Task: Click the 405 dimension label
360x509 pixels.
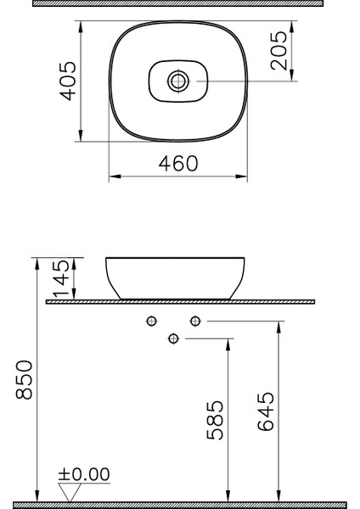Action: coord(70,80)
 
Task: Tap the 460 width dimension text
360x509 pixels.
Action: coord(179,163)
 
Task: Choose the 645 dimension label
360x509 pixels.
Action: coord(267,412)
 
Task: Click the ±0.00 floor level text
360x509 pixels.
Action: coord(84,475)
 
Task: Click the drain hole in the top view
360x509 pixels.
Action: coord(178,81)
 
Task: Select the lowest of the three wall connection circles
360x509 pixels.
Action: coord(174,338)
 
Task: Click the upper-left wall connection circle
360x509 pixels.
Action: coord(153,321)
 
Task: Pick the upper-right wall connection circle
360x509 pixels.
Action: coord(195,321)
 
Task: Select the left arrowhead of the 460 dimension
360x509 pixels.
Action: coord(113,177)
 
